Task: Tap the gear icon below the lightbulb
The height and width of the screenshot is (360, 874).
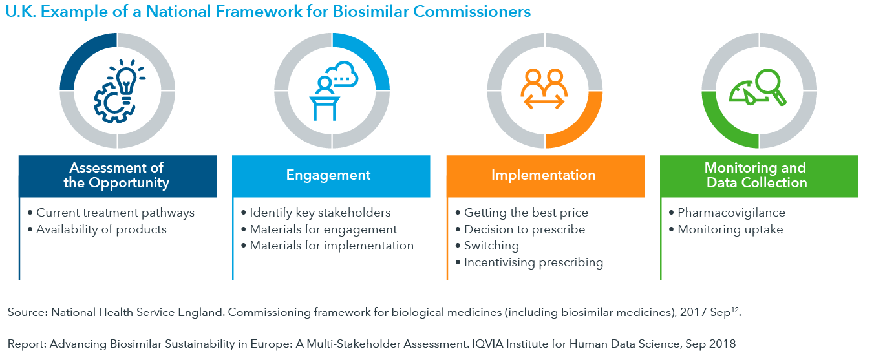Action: point(113,103)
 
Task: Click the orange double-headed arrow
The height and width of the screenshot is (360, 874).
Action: point(544,102)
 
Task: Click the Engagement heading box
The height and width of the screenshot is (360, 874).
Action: point(331,176)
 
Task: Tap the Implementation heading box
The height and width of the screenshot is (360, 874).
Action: point(545,176)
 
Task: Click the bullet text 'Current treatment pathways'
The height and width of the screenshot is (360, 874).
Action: point(115,213)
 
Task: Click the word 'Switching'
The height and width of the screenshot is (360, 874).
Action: point(491,246)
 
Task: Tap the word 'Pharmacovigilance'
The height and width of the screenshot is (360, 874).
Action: point(732,213)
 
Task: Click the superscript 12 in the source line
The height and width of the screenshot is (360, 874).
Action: point(735,310)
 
